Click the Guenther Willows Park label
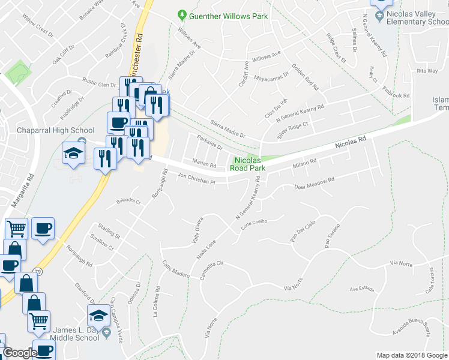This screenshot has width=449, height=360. (x=228, y=16)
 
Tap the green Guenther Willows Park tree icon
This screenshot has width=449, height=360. (x=182, y=16)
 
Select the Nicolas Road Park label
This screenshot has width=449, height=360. (x=247, y=164)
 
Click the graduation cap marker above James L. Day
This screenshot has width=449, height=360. (x=98, y=314)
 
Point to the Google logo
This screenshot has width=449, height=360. (x=19, y=353)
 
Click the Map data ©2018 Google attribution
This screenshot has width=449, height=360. (x=412, y=355)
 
